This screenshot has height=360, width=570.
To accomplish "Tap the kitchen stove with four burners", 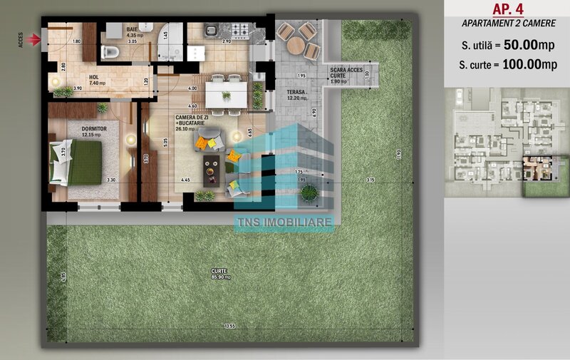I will pyautogui.click(x=239, y=31).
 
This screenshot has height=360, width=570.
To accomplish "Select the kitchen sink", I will pyautogui.click(x=212, y=30).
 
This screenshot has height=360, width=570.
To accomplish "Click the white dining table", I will pyautogui.click(x=227, y=94).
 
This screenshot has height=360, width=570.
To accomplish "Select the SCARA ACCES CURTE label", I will pyautogui.click(x=346, y=73).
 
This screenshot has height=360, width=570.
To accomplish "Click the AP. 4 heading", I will pyautogui.click(x=507, y=9).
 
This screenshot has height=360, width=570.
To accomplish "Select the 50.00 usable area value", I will pyautogui.click(x=520, y=45).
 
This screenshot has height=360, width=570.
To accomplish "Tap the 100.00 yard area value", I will pyautogui.click(x=522, y=64).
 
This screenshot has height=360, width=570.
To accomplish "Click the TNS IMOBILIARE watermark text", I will pyautogui.click(x=284, y=223).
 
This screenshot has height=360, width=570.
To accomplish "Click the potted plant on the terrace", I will pyautogui.click(x=309, y=192).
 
